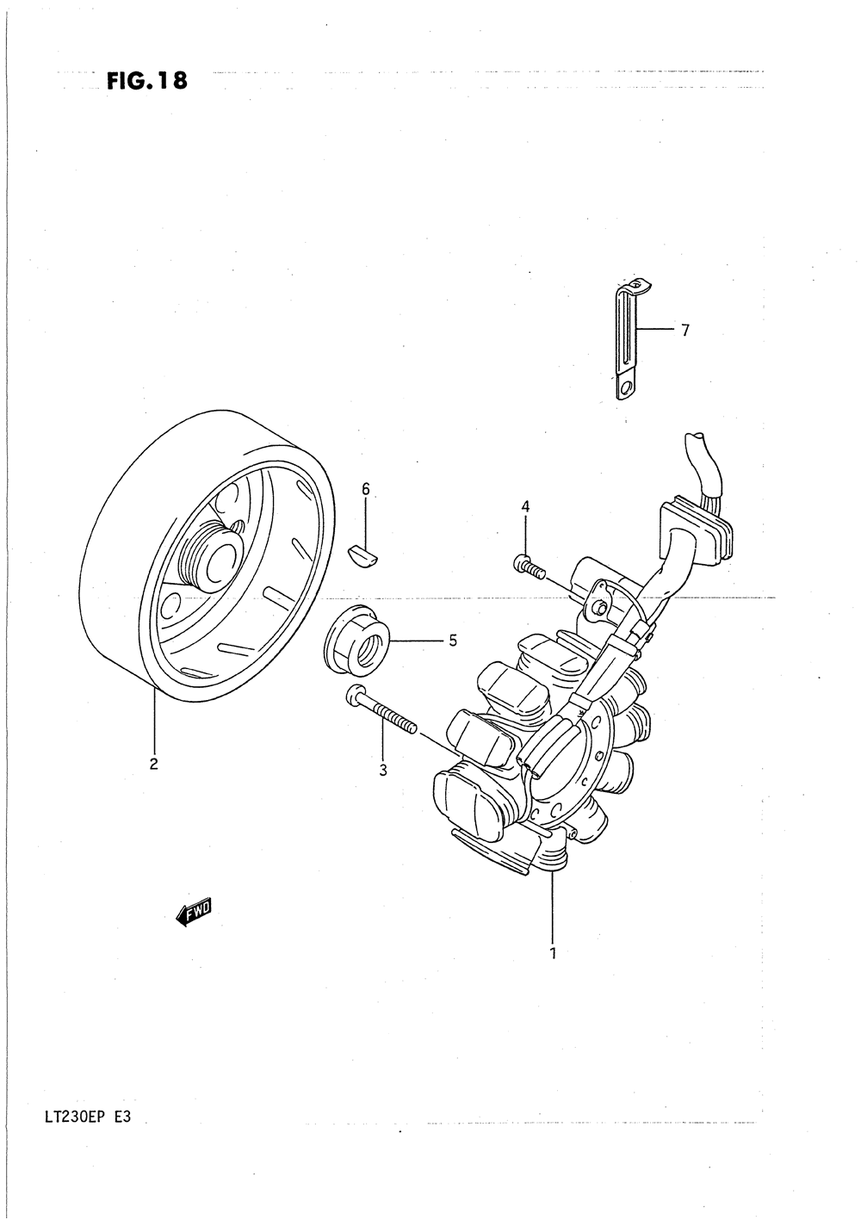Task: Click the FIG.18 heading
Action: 146,81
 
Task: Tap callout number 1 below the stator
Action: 553,953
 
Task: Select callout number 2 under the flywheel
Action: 153,763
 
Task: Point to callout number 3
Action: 383,771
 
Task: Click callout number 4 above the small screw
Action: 525,507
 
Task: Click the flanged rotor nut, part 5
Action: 357,641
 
